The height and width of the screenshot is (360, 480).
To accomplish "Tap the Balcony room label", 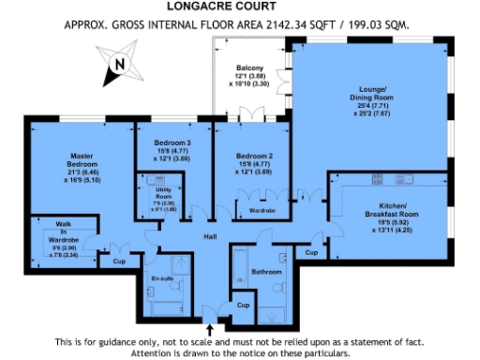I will tap(249, 68).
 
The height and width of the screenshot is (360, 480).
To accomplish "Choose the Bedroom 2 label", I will tap(253, 156).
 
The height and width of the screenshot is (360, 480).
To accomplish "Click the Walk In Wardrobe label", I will tap(52, 232).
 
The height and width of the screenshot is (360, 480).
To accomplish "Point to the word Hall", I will tap(211, 236).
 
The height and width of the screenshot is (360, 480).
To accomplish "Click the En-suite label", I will tap(162, 278).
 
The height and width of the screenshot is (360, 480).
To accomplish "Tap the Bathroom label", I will tap(268, 272).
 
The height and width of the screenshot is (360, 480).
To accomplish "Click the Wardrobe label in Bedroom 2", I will tap(263, 211).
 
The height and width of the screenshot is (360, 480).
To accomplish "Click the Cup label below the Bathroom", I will tap(243, 306).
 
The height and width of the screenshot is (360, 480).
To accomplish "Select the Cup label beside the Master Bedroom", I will tap(118, 261).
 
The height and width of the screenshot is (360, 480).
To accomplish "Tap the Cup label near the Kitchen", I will tap(310, 252).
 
